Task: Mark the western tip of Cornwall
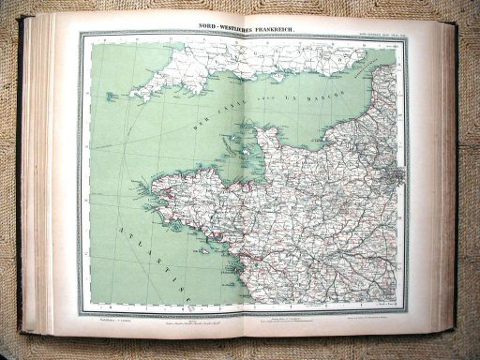tap(132, 93)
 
